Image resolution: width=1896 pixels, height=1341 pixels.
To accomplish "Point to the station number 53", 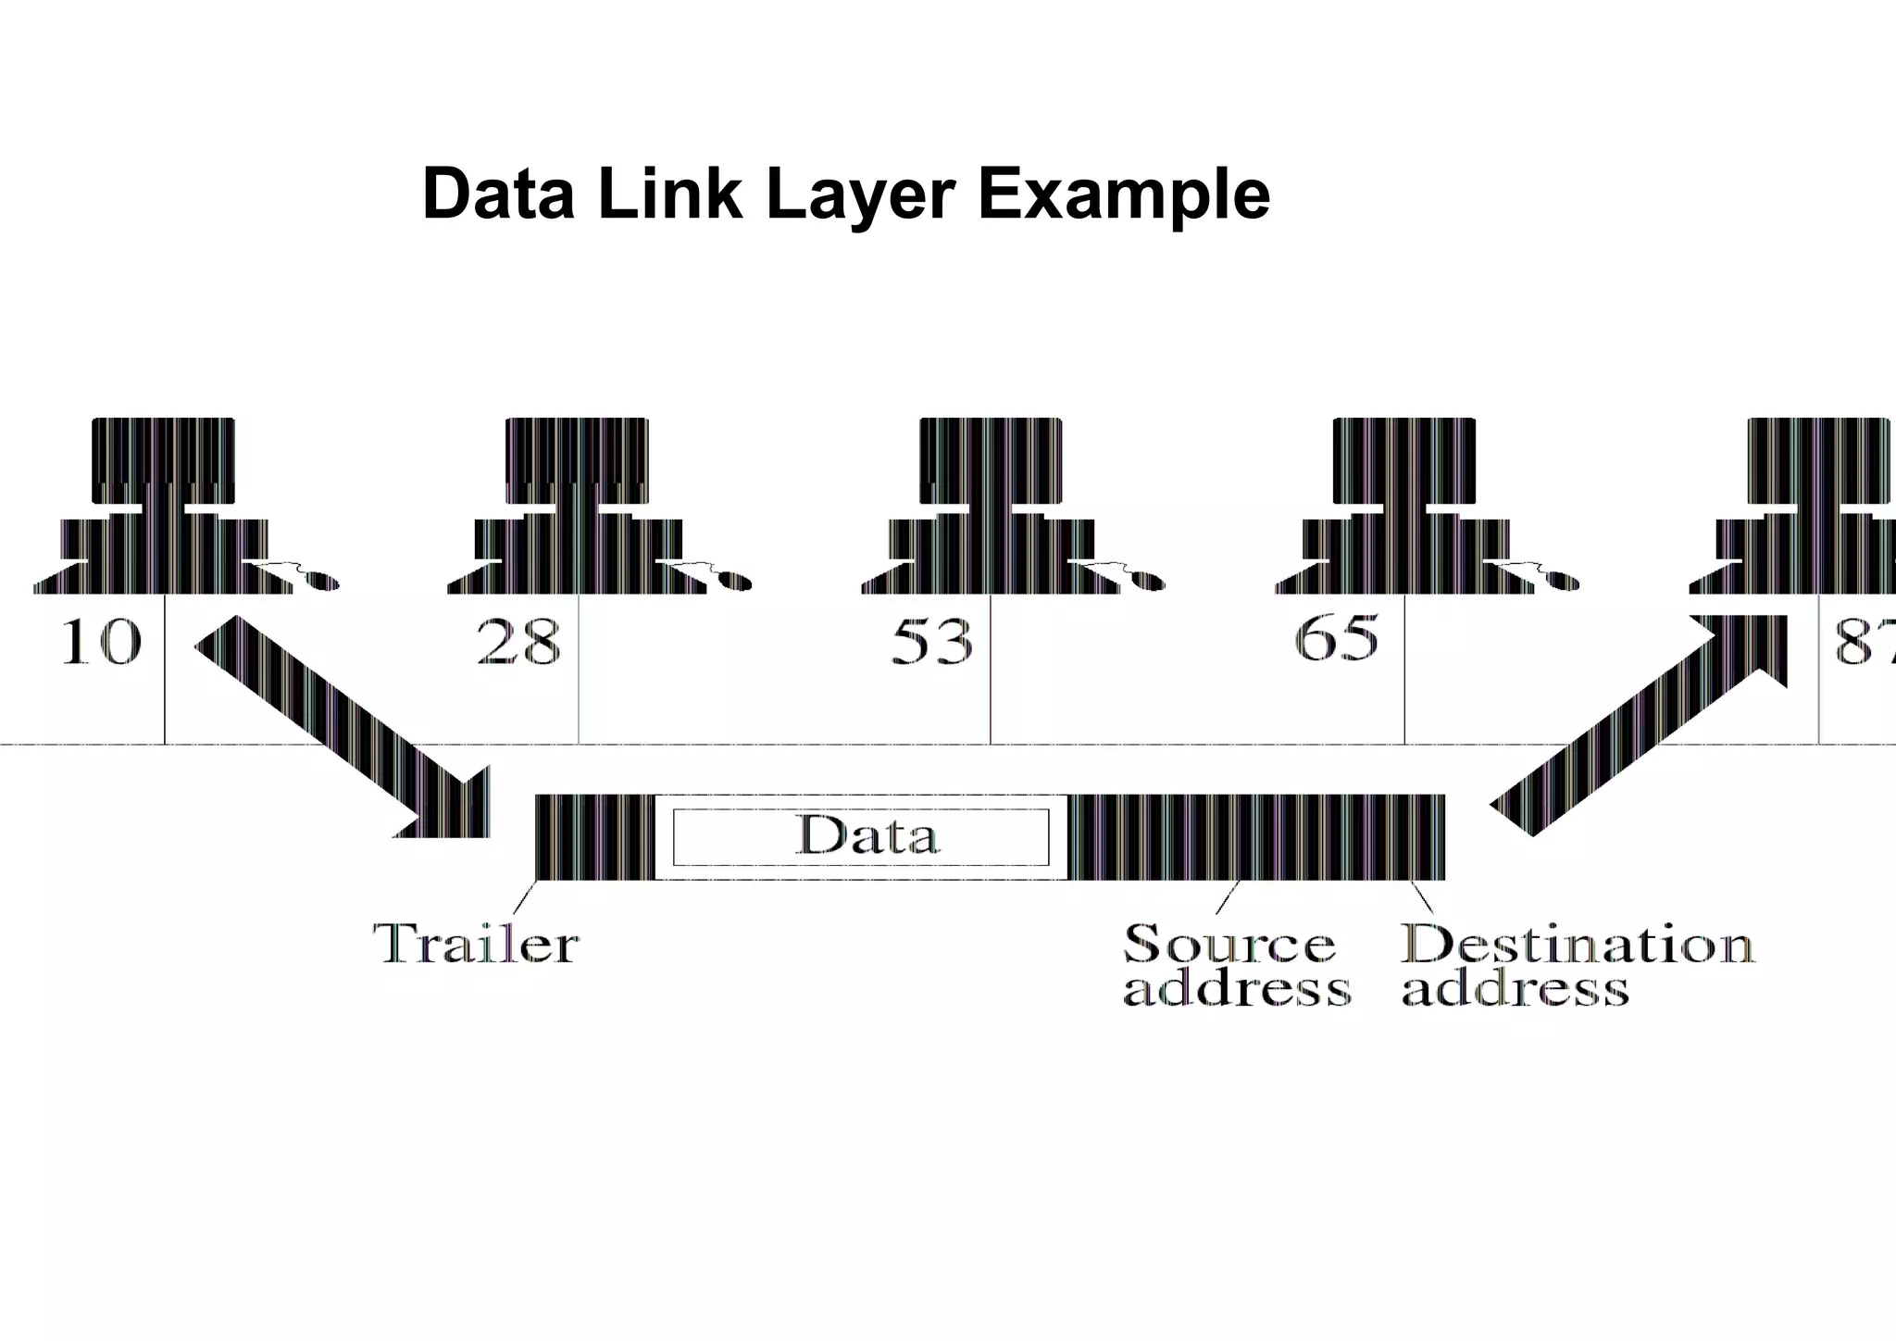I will (932, 642).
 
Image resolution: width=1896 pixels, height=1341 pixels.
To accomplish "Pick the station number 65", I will (1336, 638).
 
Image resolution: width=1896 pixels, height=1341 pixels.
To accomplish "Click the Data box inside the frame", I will (861, 836).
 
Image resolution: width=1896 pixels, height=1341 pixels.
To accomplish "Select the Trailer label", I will (476, 944).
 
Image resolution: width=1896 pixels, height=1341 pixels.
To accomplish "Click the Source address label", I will (1235, 965).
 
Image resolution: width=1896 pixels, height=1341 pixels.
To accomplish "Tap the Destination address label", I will (1576, 965).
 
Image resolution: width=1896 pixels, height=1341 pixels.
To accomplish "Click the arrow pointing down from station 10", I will (352, 732).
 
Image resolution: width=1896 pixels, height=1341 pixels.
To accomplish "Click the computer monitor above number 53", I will (991, 461).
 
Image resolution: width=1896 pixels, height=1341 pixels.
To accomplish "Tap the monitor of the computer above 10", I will (163, 461).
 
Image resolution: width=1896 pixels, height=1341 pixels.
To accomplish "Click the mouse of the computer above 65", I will (1564, 582).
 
